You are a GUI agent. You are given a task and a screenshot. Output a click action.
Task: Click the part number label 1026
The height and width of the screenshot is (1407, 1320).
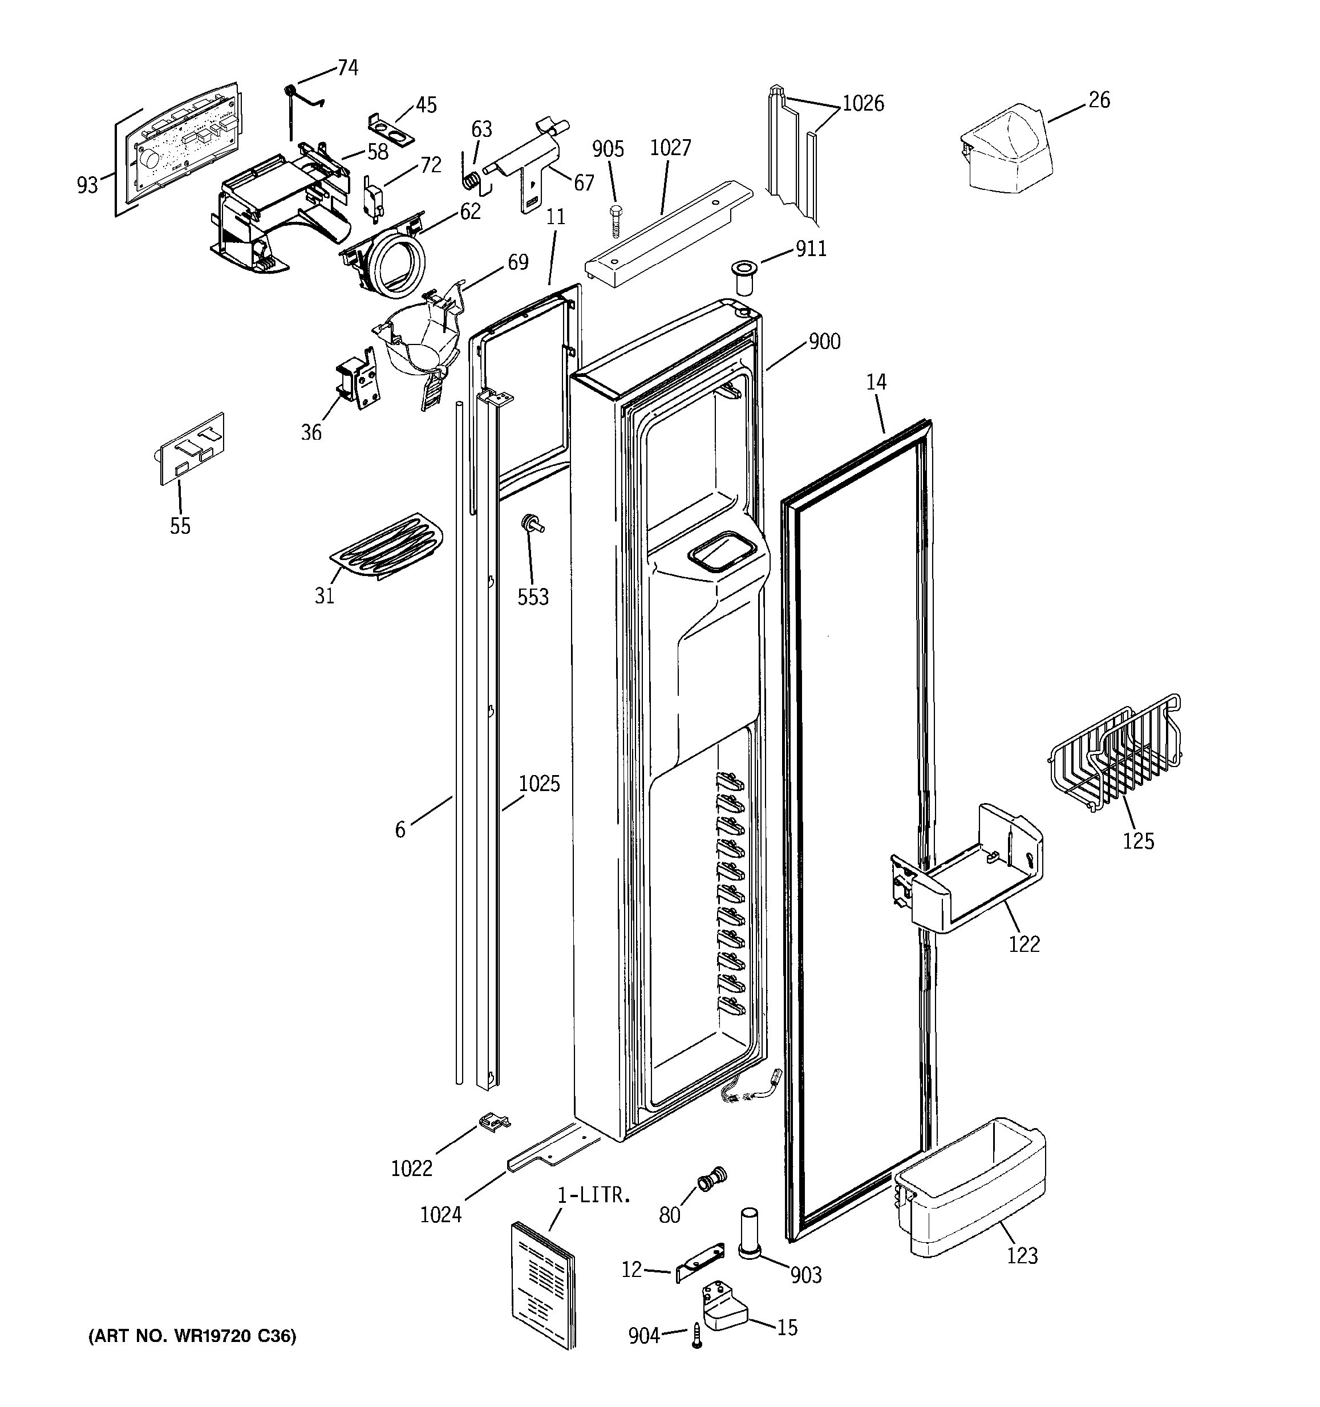[x=863, y=104]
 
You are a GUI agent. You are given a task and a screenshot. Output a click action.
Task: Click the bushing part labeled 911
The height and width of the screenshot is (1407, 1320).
[x=743, y=277]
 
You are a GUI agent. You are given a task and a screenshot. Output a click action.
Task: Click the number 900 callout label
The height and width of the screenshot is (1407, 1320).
[x=824, y=342]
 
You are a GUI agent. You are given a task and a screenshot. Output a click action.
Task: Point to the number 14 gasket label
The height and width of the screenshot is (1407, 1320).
[x=876, y=383]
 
